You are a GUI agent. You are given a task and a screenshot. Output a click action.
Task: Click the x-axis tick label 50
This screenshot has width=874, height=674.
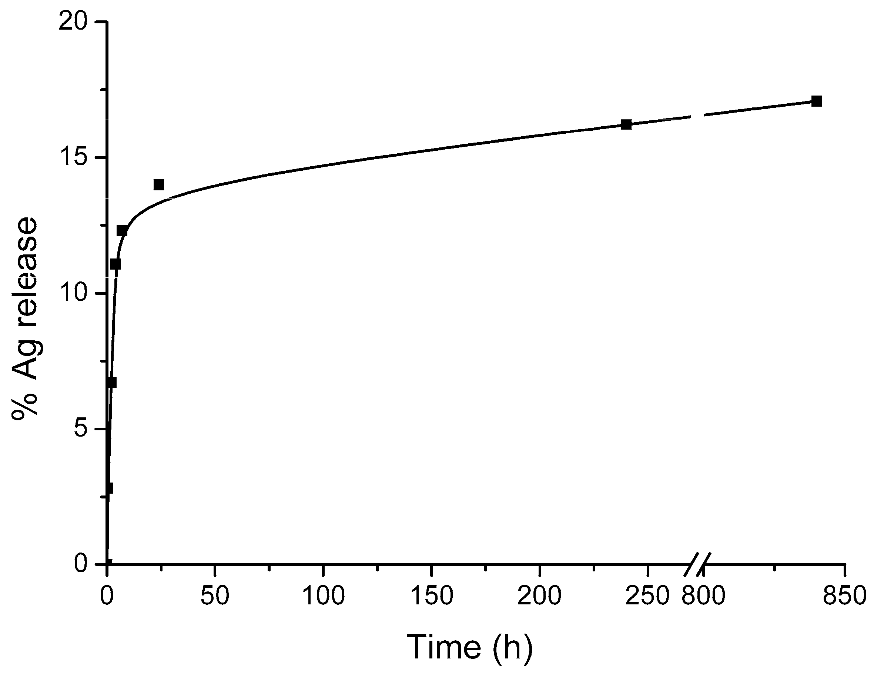tap(215, 596)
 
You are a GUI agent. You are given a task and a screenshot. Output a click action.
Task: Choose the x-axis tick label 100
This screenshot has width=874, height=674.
tap(323, 596)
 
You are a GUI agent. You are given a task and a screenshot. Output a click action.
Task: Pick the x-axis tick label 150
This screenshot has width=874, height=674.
tap(431, 596)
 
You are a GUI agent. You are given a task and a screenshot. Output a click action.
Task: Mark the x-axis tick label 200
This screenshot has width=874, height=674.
tap(539, 596)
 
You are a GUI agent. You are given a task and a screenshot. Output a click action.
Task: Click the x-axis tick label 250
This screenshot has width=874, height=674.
tap(647, 596)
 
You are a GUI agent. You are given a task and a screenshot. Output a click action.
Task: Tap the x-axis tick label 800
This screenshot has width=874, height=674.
tap(703, 596)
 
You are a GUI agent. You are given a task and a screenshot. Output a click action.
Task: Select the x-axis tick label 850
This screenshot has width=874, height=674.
tap(844, 596)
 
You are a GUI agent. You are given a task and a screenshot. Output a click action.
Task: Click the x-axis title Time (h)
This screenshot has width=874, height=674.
tap(470, 647)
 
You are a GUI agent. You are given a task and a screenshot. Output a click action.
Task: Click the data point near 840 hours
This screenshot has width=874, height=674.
tap(817, 101)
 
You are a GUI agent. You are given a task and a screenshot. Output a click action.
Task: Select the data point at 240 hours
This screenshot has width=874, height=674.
tap(626, 124)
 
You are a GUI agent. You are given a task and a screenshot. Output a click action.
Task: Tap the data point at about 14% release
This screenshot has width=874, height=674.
tap(159, 184)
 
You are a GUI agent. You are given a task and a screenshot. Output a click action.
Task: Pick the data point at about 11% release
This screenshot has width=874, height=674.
tap(115, 264)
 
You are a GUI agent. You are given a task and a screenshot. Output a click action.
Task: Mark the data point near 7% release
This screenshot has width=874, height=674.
tap(112, 382)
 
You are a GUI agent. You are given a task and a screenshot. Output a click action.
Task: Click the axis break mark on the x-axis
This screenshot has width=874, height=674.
tap(697, 564)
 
